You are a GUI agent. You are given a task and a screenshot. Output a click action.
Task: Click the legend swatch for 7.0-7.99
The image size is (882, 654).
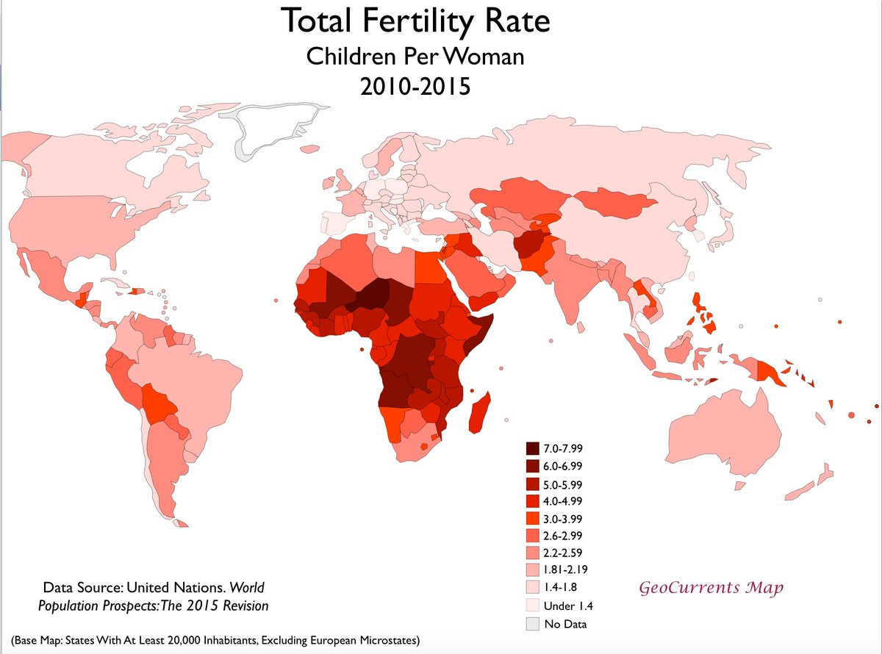point(533,448)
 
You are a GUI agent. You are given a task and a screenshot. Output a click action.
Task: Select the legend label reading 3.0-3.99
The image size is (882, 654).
point(564,519)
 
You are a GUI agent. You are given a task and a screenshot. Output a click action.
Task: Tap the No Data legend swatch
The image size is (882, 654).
point(533,625)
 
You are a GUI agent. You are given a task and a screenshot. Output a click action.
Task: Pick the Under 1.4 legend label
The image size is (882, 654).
point(569,607)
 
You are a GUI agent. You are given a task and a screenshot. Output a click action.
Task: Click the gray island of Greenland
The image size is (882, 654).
point(279,129)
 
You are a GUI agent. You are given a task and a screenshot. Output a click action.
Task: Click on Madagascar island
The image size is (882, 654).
point(478,413)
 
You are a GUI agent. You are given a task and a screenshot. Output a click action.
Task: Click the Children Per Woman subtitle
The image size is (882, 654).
point(415,56)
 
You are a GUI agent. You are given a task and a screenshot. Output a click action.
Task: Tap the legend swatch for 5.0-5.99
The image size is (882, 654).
point(533,484)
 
